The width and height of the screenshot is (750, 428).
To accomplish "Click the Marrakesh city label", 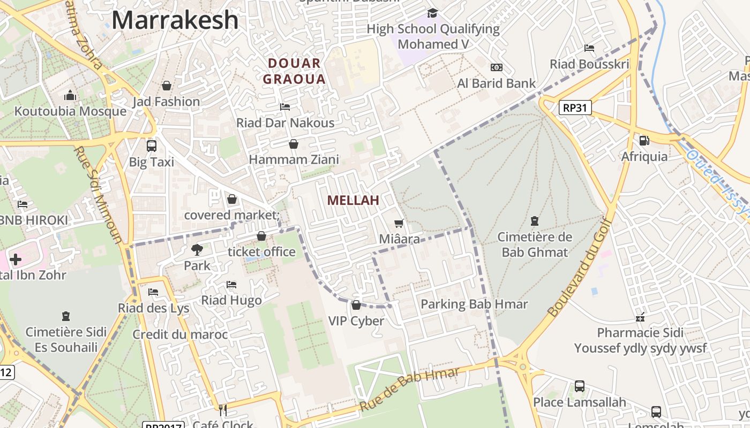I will pyautogui.click(x=175, y=20).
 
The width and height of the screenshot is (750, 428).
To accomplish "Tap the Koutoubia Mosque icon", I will pyautogui.click(x=70, y=96).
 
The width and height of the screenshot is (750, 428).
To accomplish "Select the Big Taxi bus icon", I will pyautogui.click(x=152, y=146).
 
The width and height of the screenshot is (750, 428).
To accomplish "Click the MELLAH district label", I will pyautogui.click(x=353, y=201).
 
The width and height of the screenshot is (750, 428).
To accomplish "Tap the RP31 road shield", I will pyautogui.click(x=575, y=108).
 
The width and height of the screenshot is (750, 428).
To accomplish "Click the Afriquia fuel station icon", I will pyautogui.click(x=644, y=141).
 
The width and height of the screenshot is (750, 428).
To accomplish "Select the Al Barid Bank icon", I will pyautogui.click(x=497, y=67).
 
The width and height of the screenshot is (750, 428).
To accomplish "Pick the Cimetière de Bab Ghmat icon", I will pyautogui.click(x=534, y=220).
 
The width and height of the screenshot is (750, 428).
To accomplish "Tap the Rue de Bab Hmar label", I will pyautogui.click(x=409, y=389).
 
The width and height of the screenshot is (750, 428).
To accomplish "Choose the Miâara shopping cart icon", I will pyautogui.click(x=399, y=223).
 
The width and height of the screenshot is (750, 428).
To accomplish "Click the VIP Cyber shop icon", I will pyautogui.click(x=356, y=305).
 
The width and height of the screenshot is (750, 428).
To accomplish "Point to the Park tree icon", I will pyautogui.click(x=197, y=249).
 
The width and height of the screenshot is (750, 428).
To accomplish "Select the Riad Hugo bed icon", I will pyautogui.click(x=231, y=284).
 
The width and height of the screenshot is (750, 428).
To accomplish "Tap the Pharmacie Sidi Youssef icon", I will pyautogui.click(x=640, y=317).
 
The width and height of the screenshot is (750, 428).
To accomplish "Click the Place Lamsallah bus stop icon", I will pyautogui.click(x=579, y=386).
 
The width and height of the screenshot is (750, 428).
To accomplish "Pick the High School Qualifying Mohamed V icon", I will pyautogui.click(x=432, y=13).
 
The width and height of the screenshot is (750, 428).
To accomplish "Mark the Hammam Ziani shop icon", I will pyautogui.click(x=294, y=144).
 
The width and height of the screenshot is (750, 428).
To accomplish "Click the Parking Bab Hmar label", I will pyautogui.click(x=474, y=304).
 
